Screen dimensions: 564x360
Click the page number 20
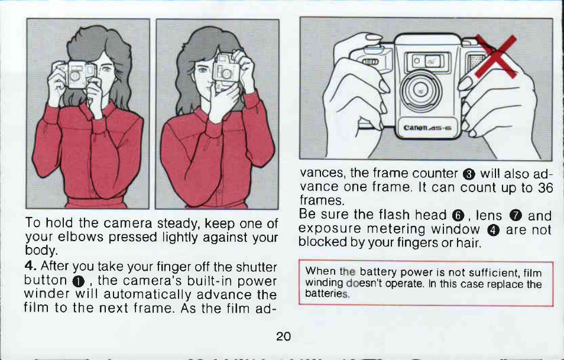click(283, 336)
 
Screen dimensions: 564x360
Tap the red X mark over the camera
click(497, 56)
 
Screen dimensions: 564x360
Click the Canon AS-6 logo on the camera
click(427, 128)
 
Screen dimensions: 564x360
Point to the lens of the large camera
click(421, 90)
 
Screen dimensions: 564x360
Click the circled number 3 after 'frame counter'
click(469, 174)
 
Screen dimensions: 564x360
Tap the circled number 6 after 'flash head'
click(458, 216)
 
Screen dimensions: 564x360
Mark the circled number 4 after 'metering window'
click(493, 229)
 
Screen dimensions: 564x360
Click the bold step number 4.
click(30, 266)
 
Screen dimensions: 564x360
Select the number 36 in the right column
click(545, 188)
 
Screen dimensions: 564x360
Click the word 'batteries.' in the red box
click(327, 294)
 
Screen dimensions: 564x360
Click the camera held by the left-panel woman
click(76, 74)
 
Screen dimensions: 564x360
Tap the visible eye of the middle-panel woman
click(203, 70)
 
